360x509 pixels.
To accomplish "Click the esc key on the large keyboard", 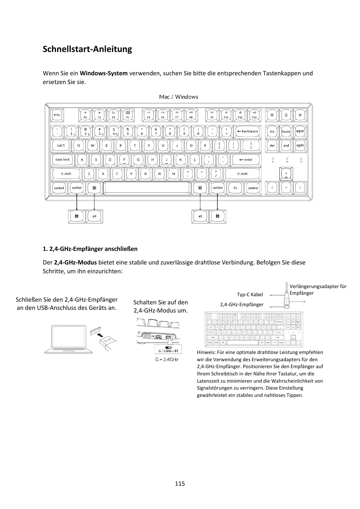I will pyautogui.click(x=57, y=115).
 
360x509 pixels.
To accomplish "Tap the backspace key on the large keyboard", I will pyautogui.click(x=247, y=131).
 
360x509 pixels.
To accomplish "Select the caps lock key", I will pyautogui.click(x=63, y=160).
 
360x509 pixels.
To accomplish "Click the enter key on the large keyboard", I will pyautogui.click(x=245, y=160).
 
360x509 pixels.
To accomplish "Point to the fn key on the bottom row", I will pyautogui.click(x=235, y=188).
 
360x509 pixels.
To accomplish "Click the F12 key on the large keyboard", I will pyautogui.click(x=254, y=115).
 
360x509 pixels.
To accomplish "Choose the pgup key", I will pyautogui.click(x=300, y=131).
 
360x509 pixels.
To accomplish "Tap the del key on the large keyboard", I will pyautogui.click(x=272, y=145).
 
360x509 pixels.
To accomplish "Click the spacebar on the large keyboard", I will pyautogui.click(x=147, y=188).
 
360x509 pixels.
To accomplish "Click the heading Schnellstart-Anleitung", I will pyautogui.click(x=87, y=49).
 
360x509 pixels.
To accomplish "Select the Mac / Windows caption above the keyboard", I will pyautogui.click(x=179, y=97).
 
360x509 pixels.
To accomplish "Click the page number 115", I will pyautogui.click(x=180, y=484).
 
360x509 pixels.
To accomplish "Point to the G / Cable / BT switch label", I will pyautogui.click(x=168, y=351).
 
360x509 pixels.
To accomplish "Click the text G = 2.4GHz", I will pyautogui.click(x=167, y=359).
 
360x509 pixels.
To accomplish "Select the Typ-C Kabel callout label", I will pyautogui.click(x=250, y=294).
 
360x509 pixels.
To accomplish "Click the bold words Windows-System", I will pyautogui.click(x=104, y=73).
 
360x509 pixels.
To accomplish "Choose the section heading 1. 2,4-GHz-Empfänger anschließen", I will pyautogui.click(x=90, y=249).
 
